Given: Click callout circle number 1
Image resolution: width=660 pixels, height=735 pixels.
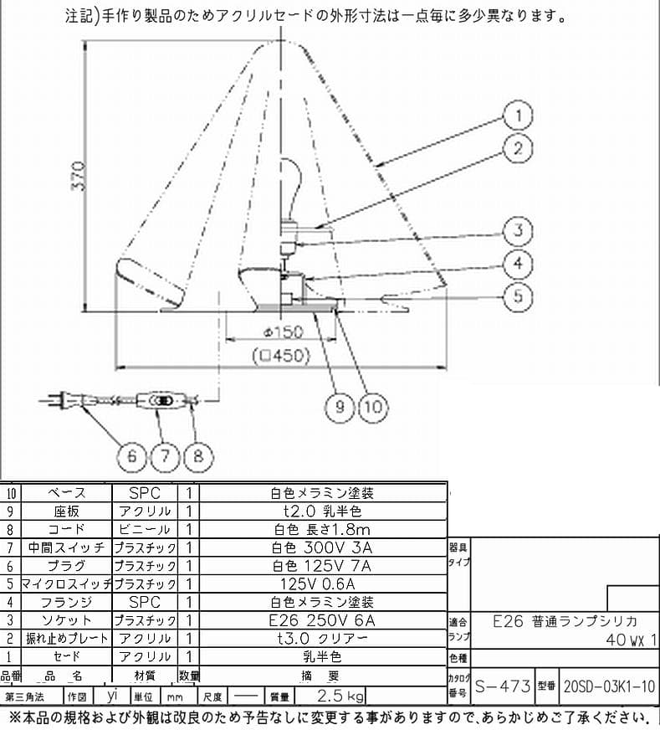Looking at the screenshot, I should click(x=519, y=115).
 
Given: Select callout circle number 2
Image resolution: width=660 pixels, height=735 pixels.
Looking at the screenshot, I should click(x=519, y=150).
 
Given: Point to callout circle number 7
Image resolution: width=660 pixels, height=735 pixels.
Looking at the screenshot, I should click(x=166, y=456).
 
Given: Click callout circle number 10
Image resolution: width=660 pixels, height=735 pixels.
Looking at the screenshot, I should click(x=373, y=407).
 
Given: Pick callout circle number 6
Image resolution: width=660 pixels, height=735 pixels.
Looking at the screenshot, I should click(x=131, y=456).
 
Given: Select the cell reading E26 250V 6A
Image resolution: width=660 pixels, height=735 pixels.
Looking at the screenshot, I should click(x=323, y=620).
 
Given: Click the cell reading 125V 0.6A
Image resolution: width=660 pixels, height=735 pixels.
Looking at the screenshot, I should click(x=323, y=583).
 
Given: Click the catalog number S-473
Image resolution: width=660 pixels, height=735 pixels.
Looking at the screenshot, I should click(x=503, y=686).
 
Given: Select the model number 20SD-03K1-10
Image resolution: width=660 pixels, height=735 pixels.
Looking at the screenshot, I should click(x=608, y=686).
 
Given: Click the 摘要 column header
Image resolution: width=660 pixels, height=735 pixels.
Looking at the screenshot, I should click(x=323, y=676).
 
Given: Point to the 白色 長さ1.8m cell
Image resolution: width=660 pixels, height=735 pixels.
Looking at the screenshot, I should click(x=323, y=529).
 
